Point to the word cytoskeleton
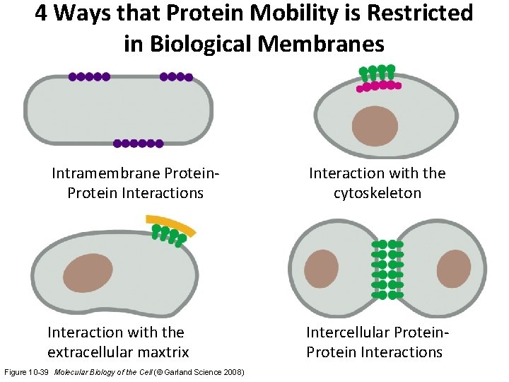378,193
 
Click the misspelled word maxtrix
160,352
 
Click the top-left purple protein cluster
88,76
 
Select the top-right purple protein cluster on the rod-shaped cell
176,76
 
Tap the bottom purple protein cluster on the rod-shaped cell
139,143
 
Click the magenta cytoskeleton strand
379,86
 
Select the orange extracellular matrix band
172,226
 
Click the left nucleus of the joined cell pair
324,268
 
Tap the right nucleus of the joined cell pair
453,268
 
